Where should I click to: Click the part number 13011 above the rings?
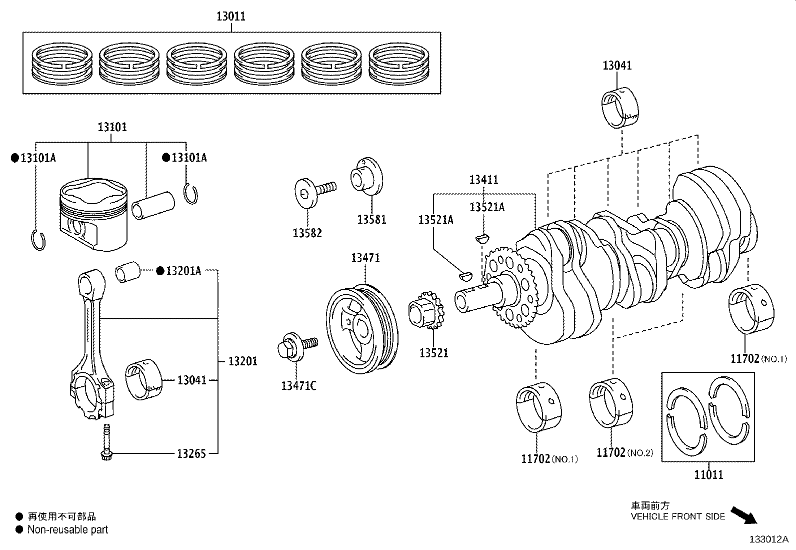click(x=230, y=16)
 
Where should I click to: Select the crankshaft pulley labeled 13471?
click(x=362, y=327)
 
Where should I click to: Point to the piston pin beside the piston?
click(x=153, y=204)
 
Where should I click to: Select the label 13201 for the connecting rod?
click(x=242, y=361)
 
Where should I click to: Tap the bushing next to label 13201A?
click(x=128, y=272)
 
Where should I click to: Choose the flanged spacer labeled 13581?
click(x=368, y=177)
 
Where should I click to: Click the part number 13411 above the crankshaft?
click(x=483, y=180)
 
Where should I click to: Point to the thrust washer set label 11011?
click(x=708, y=474)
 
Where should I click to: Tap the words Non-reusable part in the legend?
click(x=67, y=529)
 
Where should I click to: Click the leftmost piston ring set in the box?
click(x=62, y=64)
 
